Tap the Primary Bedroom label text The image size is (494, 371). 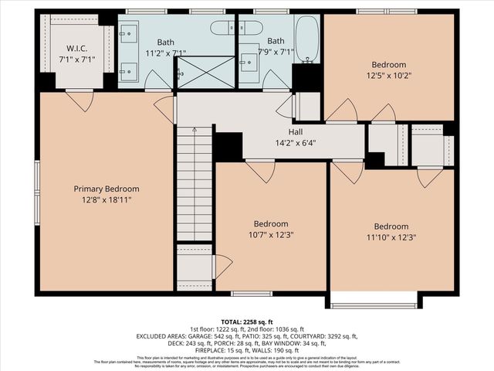[107, 189]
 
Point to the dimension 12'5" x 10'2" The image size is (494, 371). [387, 76]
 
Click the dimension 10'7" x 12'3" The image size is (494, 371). [271, 234]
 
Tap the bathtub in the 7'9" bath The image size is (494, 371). [306, 38]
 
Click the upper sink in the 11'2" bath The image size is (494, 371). [129, 35]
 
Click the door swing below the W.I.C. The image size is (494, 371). [80, 100]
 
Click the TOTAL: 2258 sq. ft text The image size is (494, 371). [247, 322]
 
